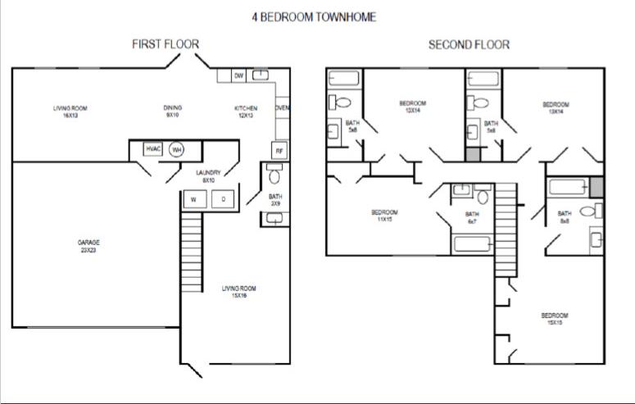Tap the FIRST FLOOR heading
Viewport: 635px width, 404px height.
tap(166, 44)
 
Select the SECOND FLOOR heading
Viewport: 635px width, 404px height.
tap(469, 44)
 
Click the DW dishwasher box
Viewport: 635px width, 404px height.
tap(239, 76)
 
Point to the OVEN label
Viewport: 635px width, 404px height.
tap(282, 108)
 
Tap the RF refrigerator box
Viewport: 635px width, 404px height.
tap(279, 151)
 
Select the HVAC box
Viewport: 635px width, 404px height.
tap(153, 149)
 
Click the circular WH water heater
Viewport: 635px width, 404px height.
tap(176, 149)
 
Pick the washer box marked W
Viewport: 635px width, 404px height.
tap(194, 199)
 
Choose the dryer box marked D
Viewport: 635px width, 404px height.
tap(223, 199)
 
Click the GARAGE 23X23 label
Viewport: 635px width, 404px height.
tap(88, 246)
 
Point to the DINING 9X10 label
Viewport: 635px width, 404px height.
tap(173, 111)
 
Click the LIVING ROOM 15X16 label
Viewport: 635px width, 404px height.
tap(239, 292)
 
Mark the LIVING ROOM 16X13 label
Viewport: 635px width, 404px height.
tap(70, 111)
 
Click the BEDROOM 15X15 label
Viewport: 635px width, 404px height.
tap(554, 319)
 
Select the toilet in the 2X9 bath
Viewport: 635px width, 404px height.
tap(274, 175)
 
